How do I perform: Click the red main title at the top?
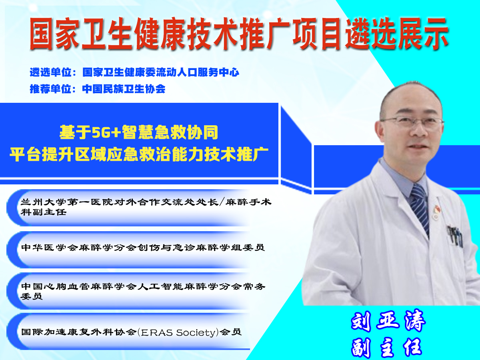click(239, 34)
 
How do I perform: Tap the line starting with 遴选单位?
click(134, 72)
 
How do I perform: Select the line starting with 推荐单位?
click(98, 89)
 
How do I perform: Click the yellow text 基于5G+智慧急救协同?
click(139, 132)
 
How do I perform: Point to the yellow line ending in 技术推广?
click(139, 154)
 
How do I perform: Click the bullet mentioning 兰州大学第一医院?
click(146, 207)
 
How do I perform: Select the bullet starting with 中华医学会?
click(143, 248)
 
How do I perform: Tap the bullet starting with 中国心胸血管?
click(143, 291)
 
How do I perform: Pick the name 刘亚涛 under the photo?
click(388, 321)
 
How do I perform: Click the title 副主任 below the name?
click(387, 348)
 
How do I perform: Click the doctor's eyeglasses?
click(412, 122)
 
